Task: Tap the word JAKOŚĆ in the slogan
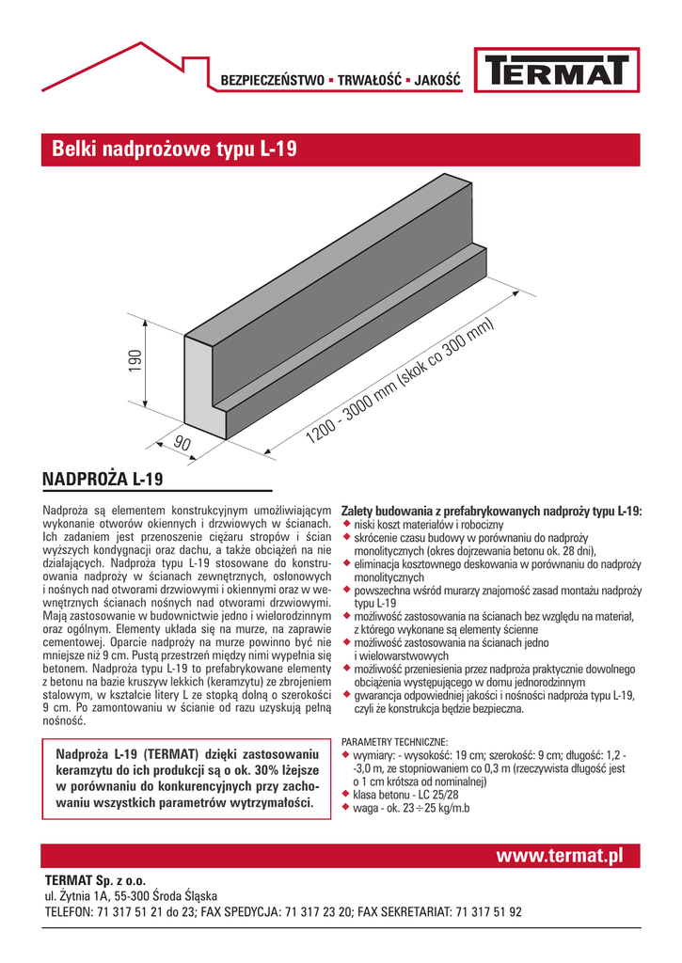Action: click(436, 81)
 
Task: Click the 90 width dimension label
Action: click(182, 443)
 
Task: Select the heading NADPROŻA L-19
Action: click(103, 480)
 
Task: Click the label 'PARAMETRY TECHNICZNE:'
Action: click(394, 743)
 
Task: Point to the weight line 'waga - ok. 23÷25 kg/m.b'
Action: click(411, 808)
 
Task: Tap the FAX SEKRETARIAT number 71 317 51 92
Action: click(488, 911)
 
